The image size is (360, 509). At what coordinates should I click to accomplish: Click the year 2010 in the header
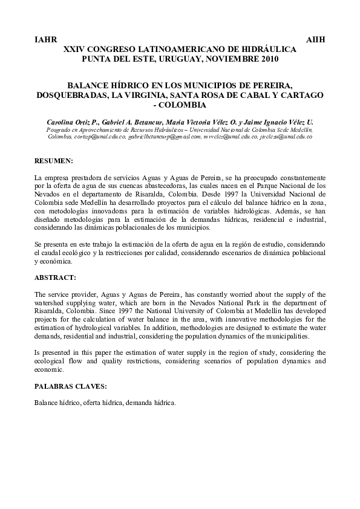coord(270,58)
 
